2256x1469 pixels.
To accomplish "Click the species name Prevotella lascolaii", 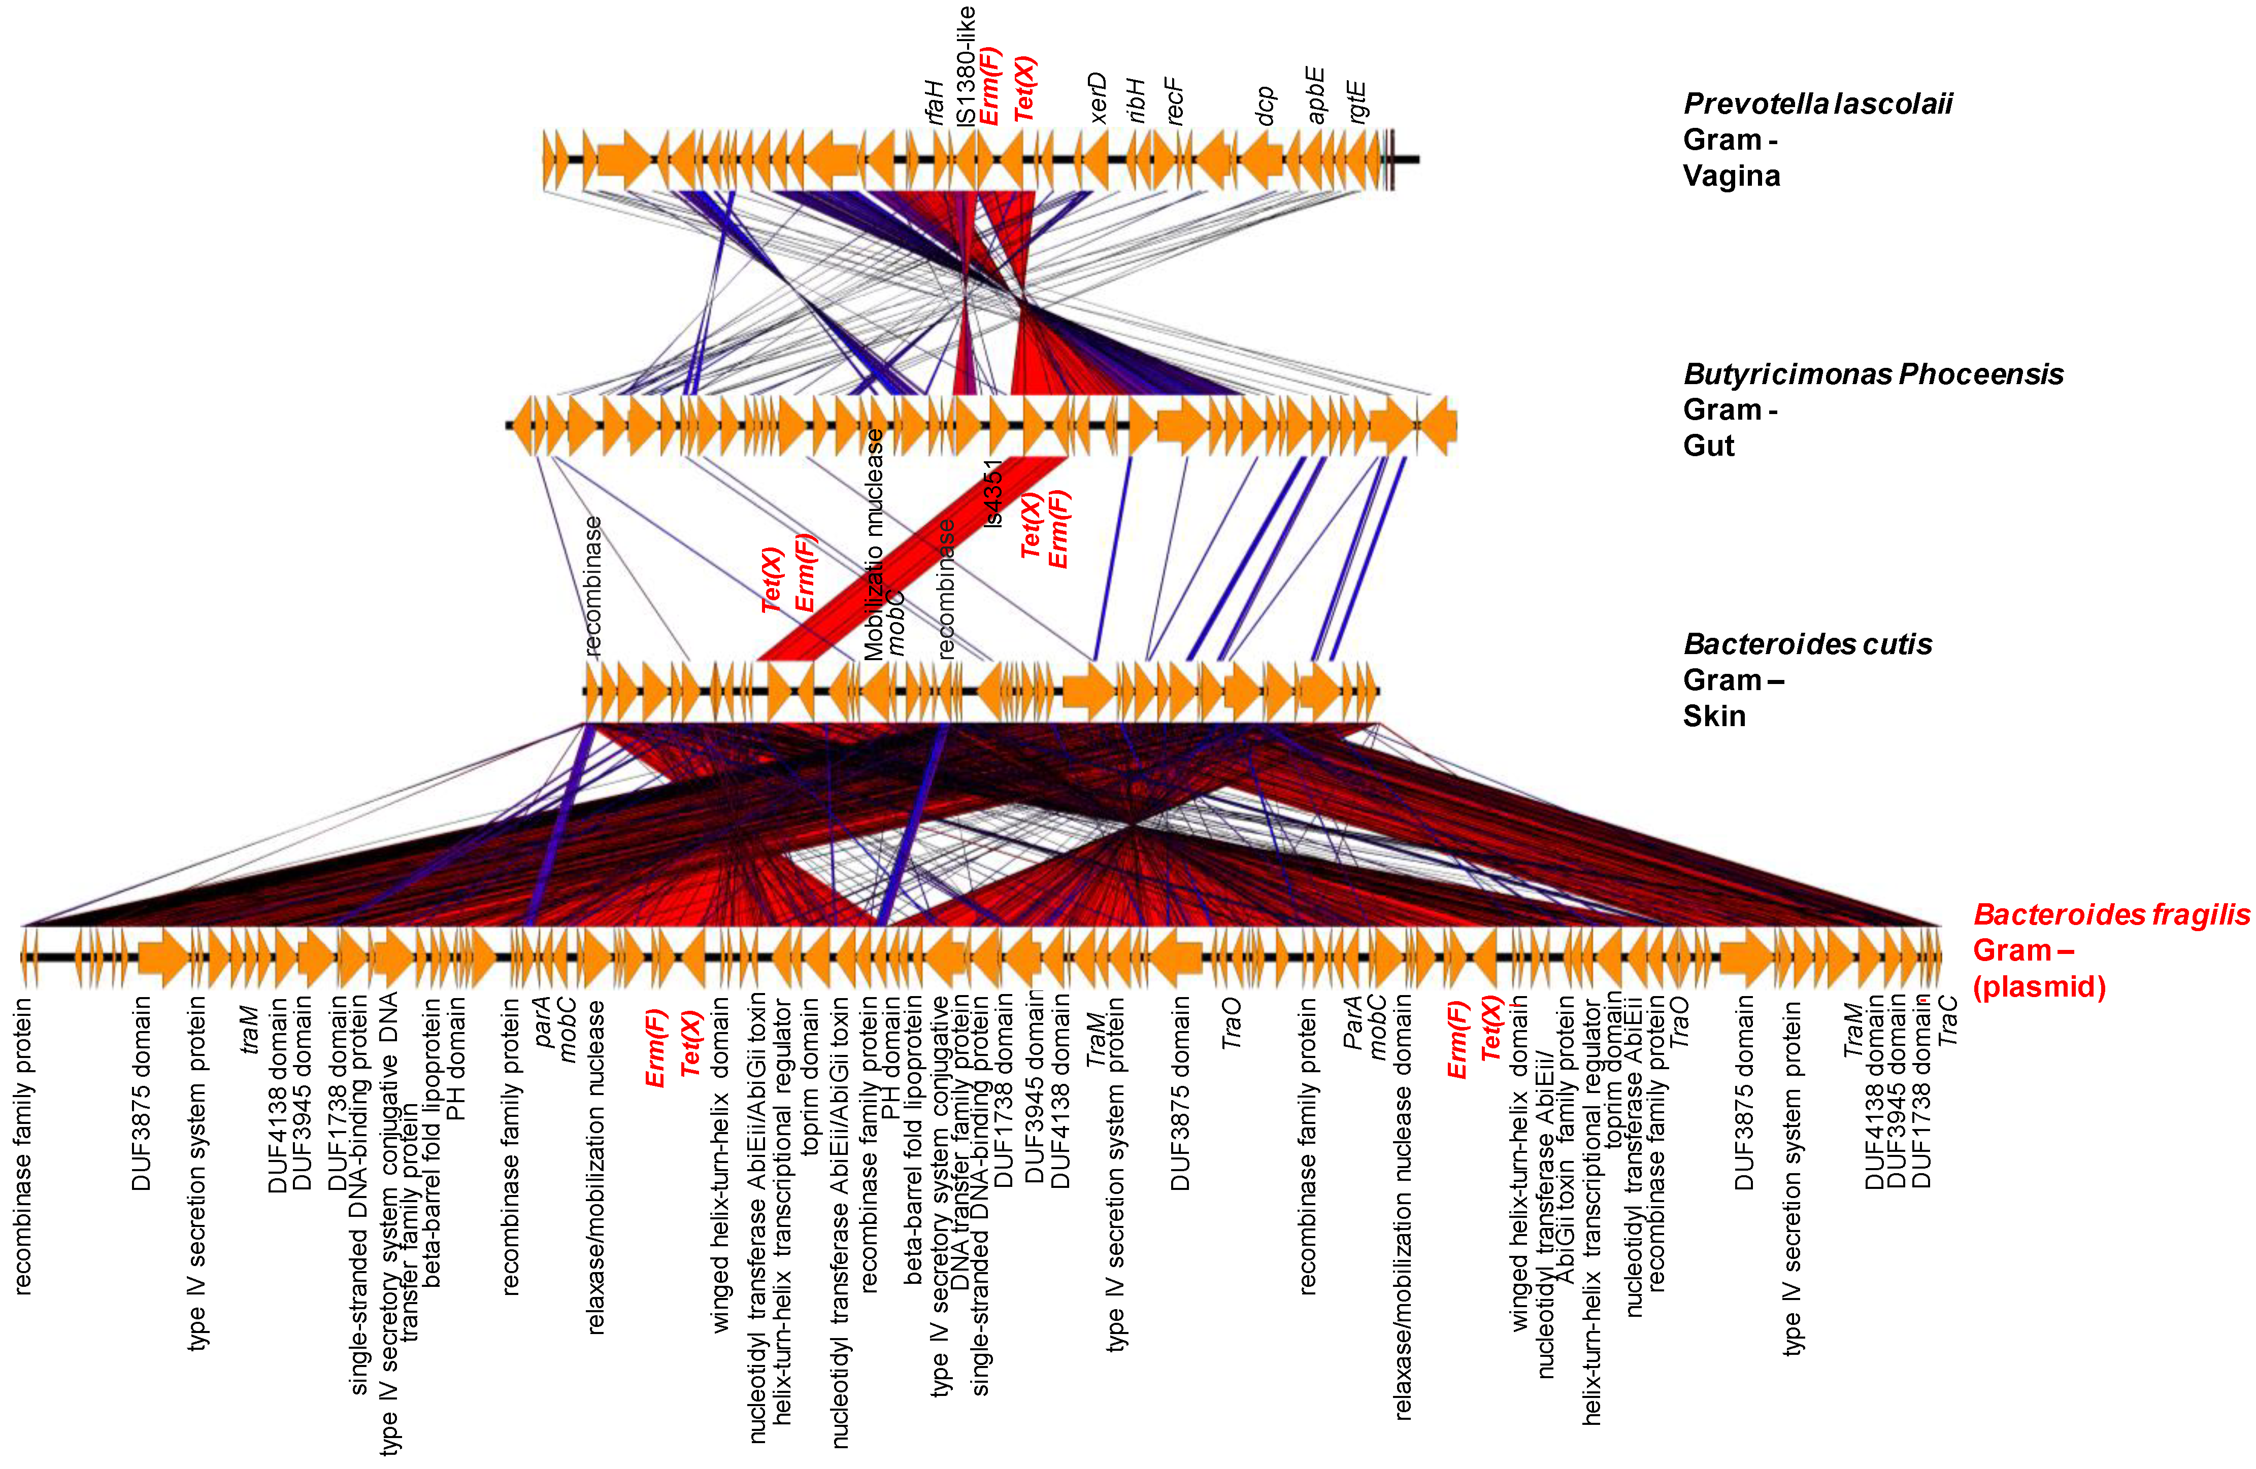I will pos(1816,104).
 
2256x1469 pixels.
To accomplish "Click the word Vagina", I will pos(1731,176).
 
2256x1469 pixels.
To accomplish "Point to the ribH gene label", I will pos(1137,100).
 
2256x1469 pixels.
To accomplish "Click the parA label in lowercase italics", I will pos(542,1021).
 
